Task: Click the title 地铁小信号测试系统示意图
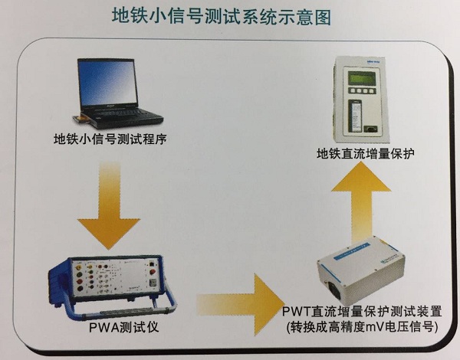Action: coord(222,16)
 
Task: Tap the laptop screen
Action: coord(107,83)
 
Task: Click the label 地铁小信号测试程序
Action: coord(110,139)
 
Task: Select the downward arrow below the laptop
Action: coord(109,205)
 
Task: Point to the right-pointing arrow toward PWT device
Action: coord(241,305)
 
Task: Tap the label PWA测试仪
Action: coord(123,327)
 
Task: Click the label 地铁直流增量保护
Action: coord(365,154)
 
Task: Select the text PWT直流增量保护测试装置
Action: coord(362,312)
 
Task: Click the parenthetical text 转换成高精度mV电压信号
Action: coord(362,326)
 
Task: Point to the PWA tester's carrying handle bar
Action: coord(123,313)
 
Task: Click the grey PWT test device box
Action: coord(361,271)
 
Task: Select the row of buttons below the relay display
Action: coord(362,90)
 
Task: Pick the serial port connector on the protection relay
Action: coord(370,128)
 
